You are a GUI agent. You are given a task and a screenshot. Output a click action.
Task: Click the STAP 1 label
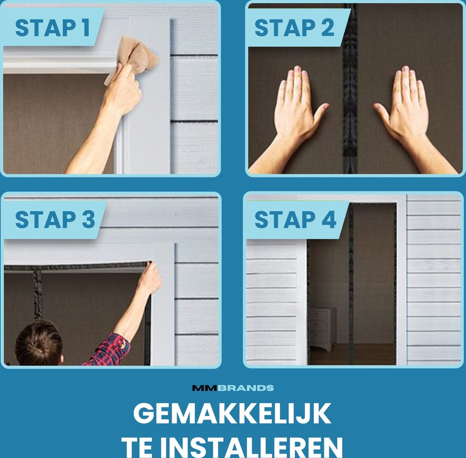52,28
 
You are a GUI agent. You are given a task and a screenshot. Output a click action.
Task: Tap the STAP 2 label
294,28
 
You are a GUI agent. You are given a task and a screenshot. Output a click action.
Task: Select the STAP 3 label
55,219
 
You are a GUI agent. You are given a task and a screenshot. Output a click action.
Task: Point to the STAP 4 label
295,219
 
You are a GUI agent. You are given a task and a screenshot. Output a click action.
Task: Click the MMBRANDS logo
233,388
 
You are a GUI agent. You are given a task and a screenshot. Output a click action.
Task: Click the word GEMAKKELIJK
232,413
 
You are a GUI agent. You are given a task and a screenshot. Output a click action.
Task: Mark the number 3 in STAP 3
89,219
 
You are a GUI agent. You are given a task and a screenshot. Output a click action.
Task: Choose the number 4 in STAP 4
329,219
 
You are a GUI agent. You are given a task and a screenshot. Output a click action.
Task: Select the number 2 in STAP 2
328,28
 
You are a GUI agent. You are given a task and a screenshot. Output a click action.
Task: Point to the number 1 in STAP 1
85,28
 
